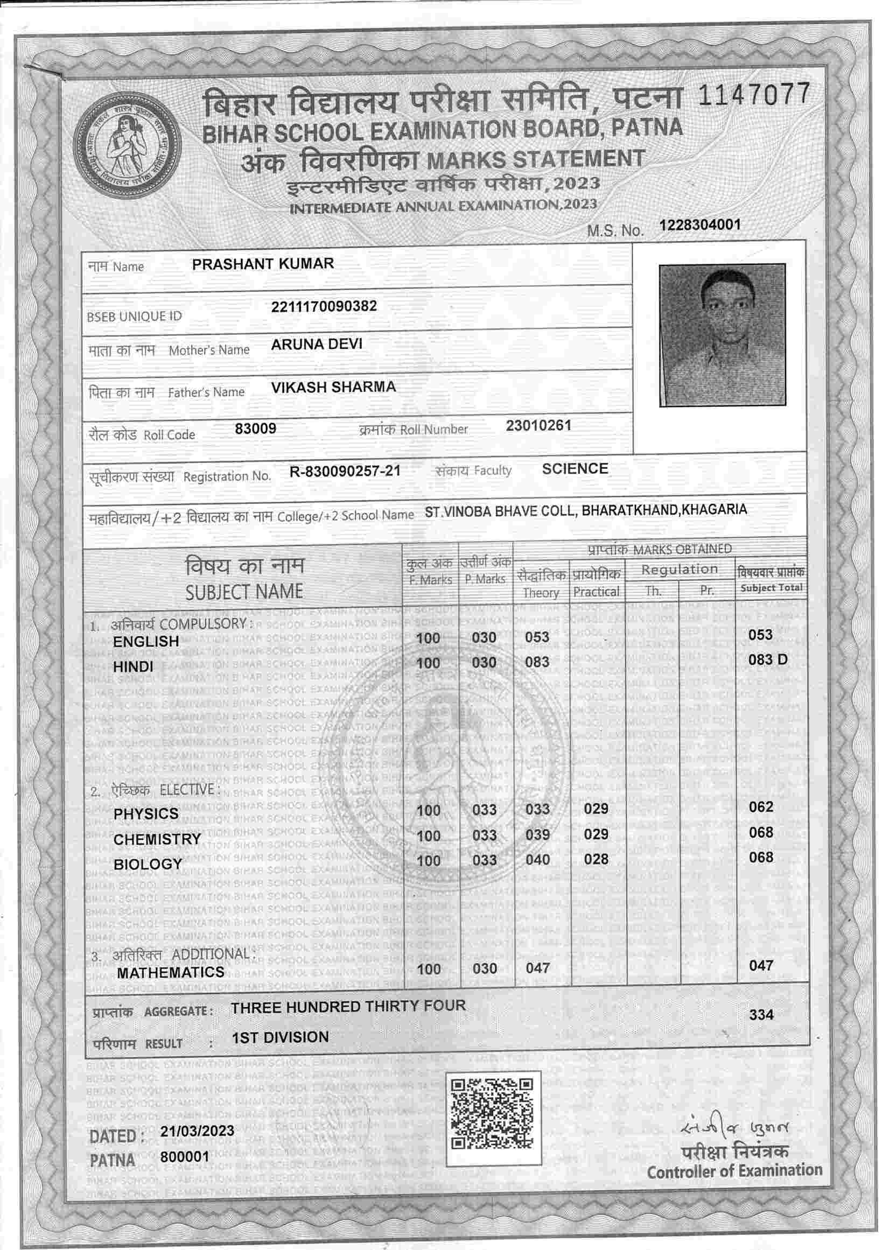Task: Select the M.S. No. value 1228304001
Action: pyautogui.click(x=699, y=225)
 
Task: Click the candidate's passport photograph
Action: pyautogui.click(x=722, y=335)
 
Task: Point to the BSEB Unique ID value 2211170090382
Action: pyautogui.click(x=324, y=306)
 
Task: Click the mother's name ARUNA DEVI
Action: pyautogui.click(x=316, y=344)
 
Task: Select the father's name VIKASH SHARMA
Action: pyautogui.click(x=333, y=387)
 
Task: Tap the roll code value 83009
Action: pyautogui.click(x=255, y=429)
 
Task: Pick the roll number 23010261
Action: pyautogui.click(x=538, y=425)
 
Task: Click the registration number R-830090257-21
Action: pyautogui.click(x=345, y=471)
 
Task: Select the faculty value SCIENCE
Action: pyautogui.click(x=575, y=469)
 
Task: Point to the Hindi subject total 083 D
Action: pyautogui.click(x=768, y=660)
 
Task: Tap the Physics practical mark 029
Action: pyautogui.click(x=596, y=809)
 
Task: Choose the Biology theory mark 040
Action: pyautogui.click(x=537, y=860)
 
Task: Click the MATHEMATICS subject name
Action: pyautogui.click(x=170, y=972)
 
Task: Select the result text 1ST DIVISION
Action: pyautogui.click(x=280, y=1037)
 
